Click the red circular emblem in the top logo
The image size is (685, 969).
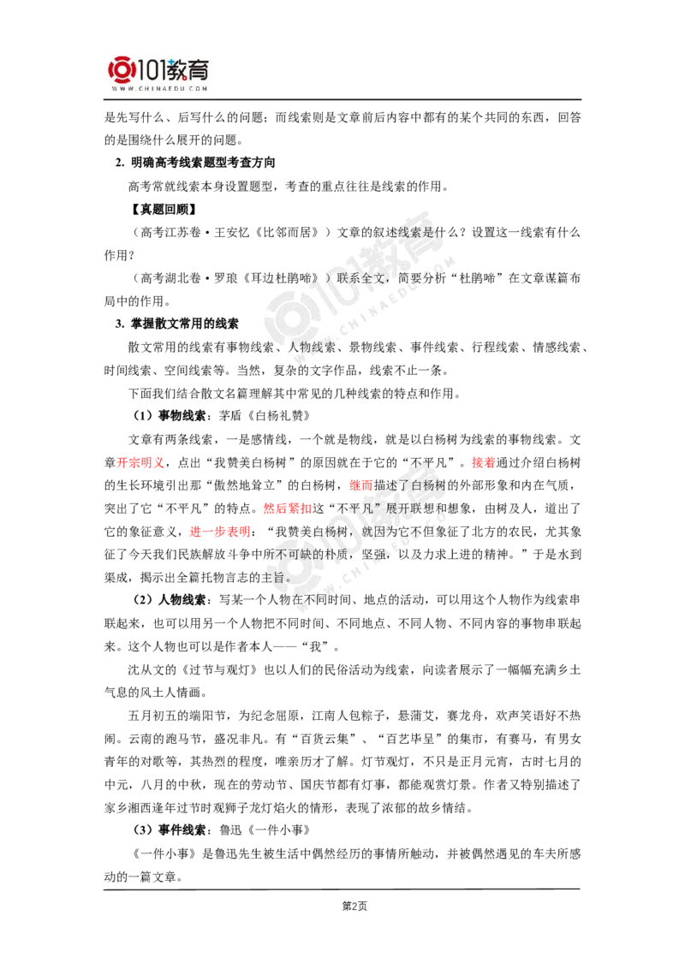click(121, 70)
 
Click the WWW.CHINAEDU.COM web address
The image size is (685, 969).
click(160, 88)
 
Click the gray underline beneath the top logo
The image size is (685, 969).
click(160, 101)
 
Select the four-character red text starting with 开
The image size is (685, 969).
click(140, 463)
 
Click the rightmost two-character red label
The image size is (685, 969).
click(483, 463)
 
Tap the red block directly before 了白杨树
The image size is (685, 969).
click(360, 486)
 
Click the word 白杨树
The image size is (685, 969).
click(428, 486)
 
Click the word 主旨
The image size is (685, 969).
click(277, 577)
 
